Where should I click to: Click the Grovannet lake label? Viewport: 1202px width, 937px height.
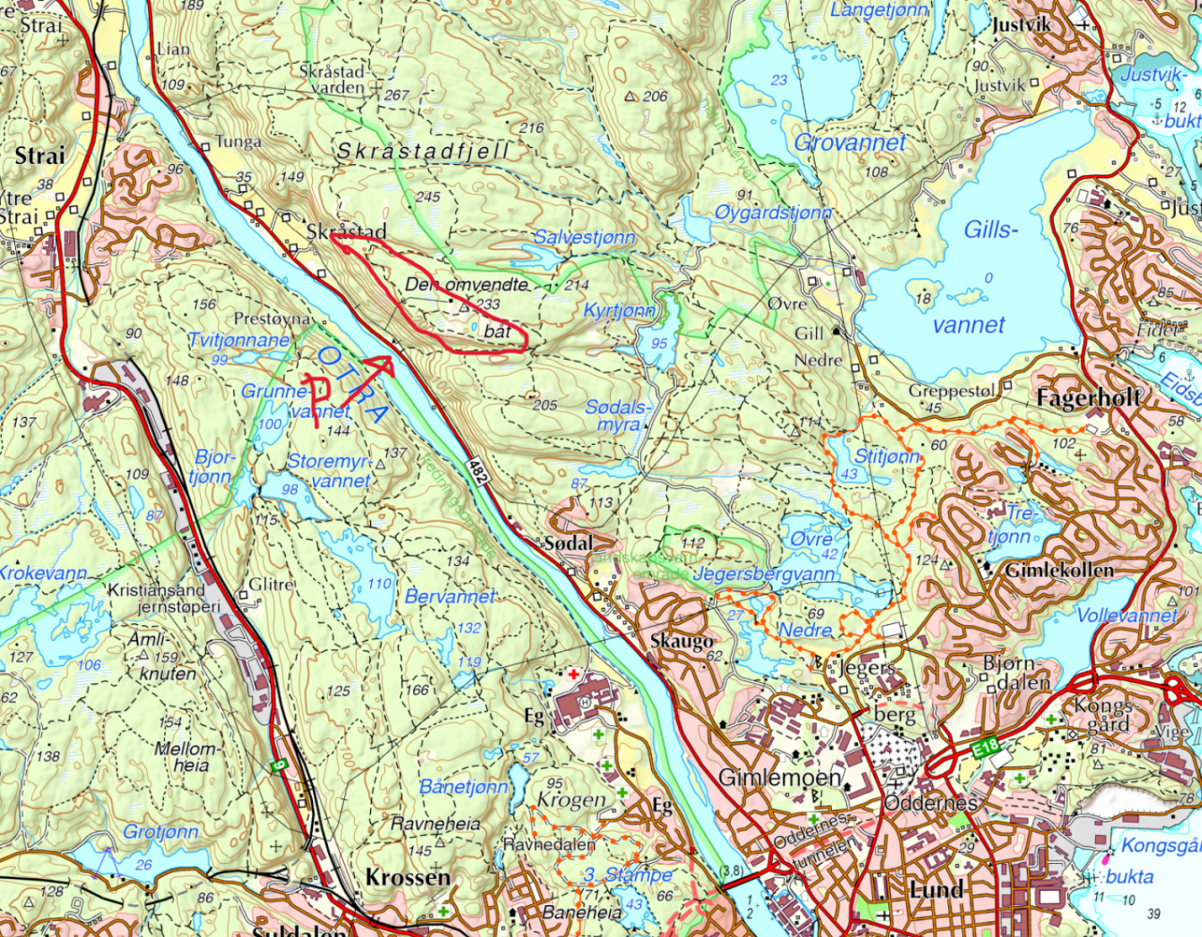tap(851, 142)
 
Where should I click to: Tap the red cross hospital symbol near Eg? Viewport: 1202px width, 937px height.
tap(571, 675)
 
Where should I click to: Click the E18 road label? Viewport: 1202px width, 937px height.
tap(987, 747)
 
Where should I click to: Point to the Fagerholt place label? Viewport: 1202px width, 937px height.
tap(1089, 398)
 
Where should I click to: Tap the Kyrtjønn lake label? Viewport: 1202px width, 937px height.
tap(619, 310)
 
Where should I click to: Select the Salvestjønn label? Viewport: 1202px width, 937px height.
tap(585, 237)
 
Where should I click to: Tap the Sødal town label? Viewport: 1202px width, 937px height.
tap(568, 543)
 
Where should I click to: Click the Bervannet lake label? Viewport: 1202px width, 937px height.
tap(450, 596)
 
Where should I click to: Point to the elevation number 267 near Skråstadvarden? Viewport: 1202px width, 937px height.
tap(397, 96)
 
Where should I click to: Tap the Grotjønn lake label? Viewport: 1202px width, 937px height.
tap(160, 831)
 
